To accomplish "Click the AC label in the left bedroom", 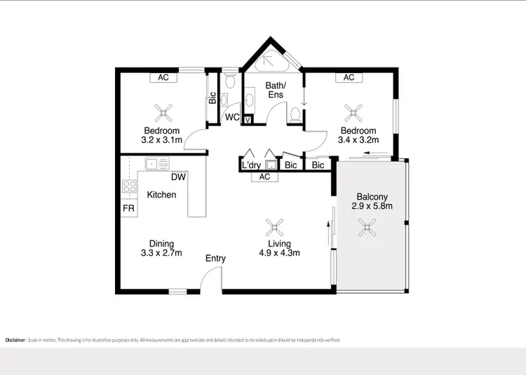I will pyautogui.click(x=163, y=78).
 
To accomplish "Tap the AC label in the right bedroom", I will pyautogui.click(x=349, y=78).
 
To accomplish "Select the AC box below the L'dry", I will pyautogui.click(x=264, y=177).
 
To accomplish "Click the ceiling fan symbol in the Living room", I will pyautogui.click(x=274, y=226).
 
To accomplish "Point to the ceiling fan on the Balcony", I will pyautogui.click(x=366, y=226).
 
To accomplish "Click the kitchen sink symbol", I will pyautogui.click(x=157, y=163).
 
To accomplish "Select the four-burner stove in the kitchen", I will pyautogui.click(x=130, y=186).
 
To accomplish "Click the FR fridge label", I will pyautogui.click(x=128, y=209).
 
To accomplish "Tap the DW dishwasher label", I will pyautogui.click(x=177, y=177).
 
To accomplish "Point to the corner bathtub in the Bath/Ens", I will pyautogui.click(x=270, y=62).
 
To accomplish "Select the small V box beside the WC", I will pyautogui.click(x=248, y=120).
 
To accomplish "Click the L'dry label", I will pyautogui.click(x=251, y=165).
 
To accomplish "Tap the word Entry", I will pyautogui.click(x=215, y=259).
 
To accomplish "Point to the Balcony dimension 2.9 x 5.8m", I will pyautogui.click(x=371, y=206).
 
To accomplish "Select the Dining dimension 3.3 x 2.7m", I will pyautogui.click(x=161, y=253).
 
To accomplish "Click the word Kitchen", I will pyautogui.click(x=161, y=195).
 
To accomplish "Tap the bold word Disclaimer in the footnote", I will pyautogui.click(x=16, y=340).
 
